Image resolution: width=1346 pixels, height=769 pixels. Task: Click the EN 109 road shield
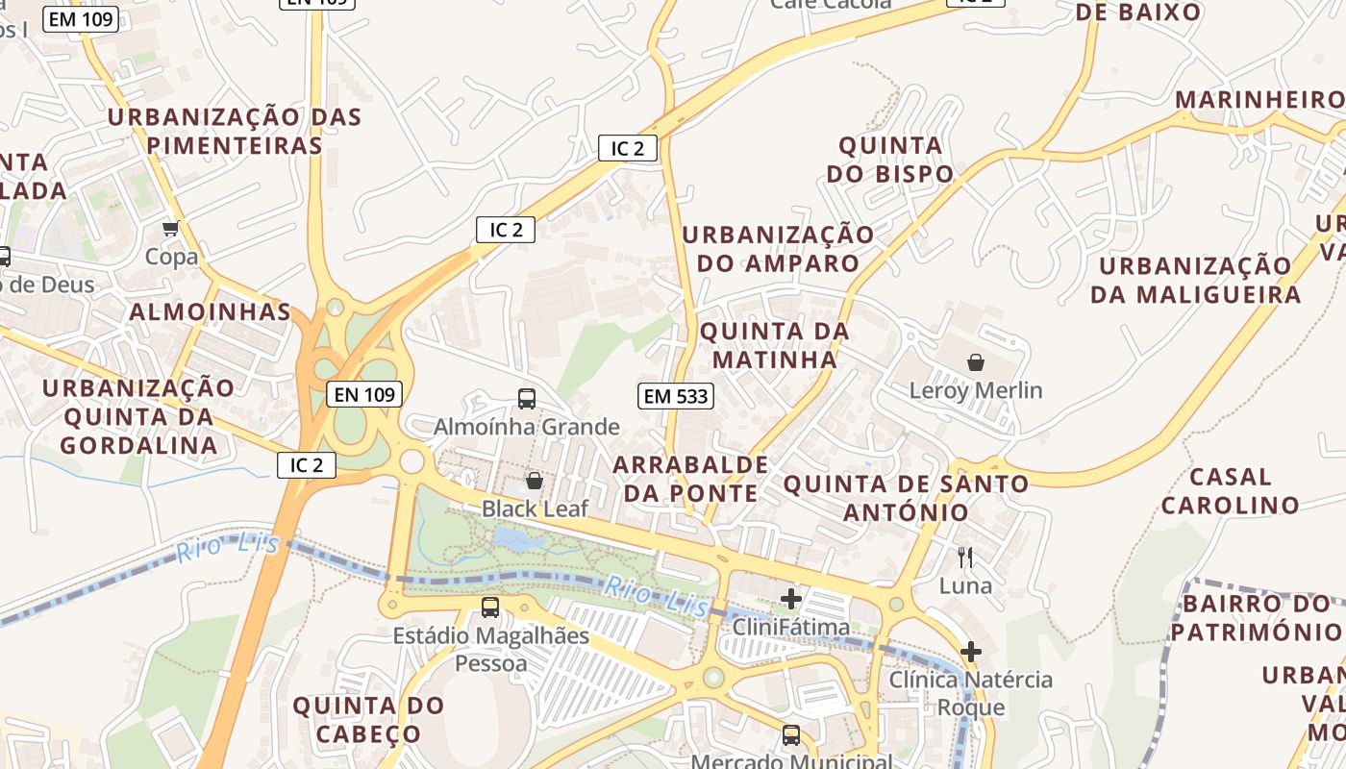(363, 394)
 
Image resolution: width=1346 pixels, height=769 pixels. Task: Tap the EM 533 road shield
(675, 395)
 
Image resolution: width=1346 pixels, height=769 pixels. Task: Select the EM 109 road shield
(81, 18)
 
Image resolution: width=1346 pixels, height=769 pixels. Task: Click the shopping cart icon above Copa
(171, 229)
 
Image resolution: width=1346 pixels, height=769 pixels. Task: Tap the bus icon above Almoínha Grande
(526, 398)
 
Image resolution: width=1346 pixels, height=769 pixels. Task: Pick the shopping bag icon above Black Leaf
(534, 480)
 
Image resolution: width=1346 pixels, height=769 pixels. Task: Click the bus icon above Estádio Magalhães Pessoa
(490, 607)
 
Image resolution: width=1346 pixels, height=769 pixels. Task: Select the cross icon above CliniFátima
(791, 599)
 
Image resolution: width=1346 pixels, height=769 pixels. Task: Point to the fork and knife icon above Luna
(965, 557)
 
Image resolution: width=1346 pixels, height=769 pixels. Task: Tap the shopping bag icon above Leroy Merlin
(976, 362)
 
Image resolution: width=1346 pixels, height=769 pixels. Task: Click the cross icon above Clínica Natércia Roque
(971, 651)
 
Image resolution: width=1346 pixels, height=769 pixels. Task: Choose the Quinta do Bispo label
(890, 160)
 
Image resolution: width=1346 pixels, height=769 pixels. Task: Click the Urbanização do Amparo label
(778, 249)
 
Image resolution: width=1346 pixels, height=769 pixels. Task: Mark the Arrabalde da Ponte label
(690, 479)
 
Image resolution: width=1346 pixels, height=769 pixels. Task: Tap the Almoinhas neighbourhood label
(210, 311)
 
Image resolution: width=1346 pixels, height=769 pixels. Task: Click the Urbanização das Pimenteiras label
(234, 132)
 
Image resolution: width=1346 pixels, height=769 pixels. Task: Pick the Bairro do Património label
(1255, 618)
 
